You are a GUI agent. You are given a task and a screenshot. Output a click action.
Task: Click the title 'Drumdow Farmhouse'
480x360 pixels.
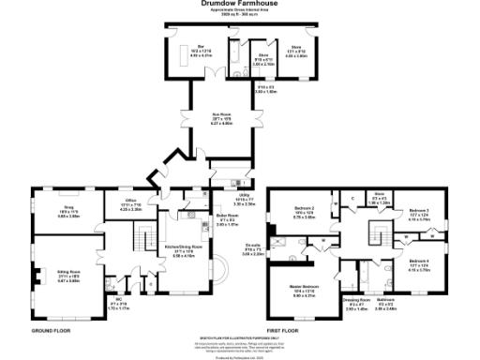pos(240,4)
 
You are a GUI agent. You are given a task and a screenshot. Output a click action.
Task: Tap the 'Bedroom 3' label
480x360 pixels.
pos(419,211)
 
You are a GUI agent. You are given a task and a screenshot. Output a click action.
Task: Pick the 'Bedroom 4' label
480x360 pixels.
pos(419,260)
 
